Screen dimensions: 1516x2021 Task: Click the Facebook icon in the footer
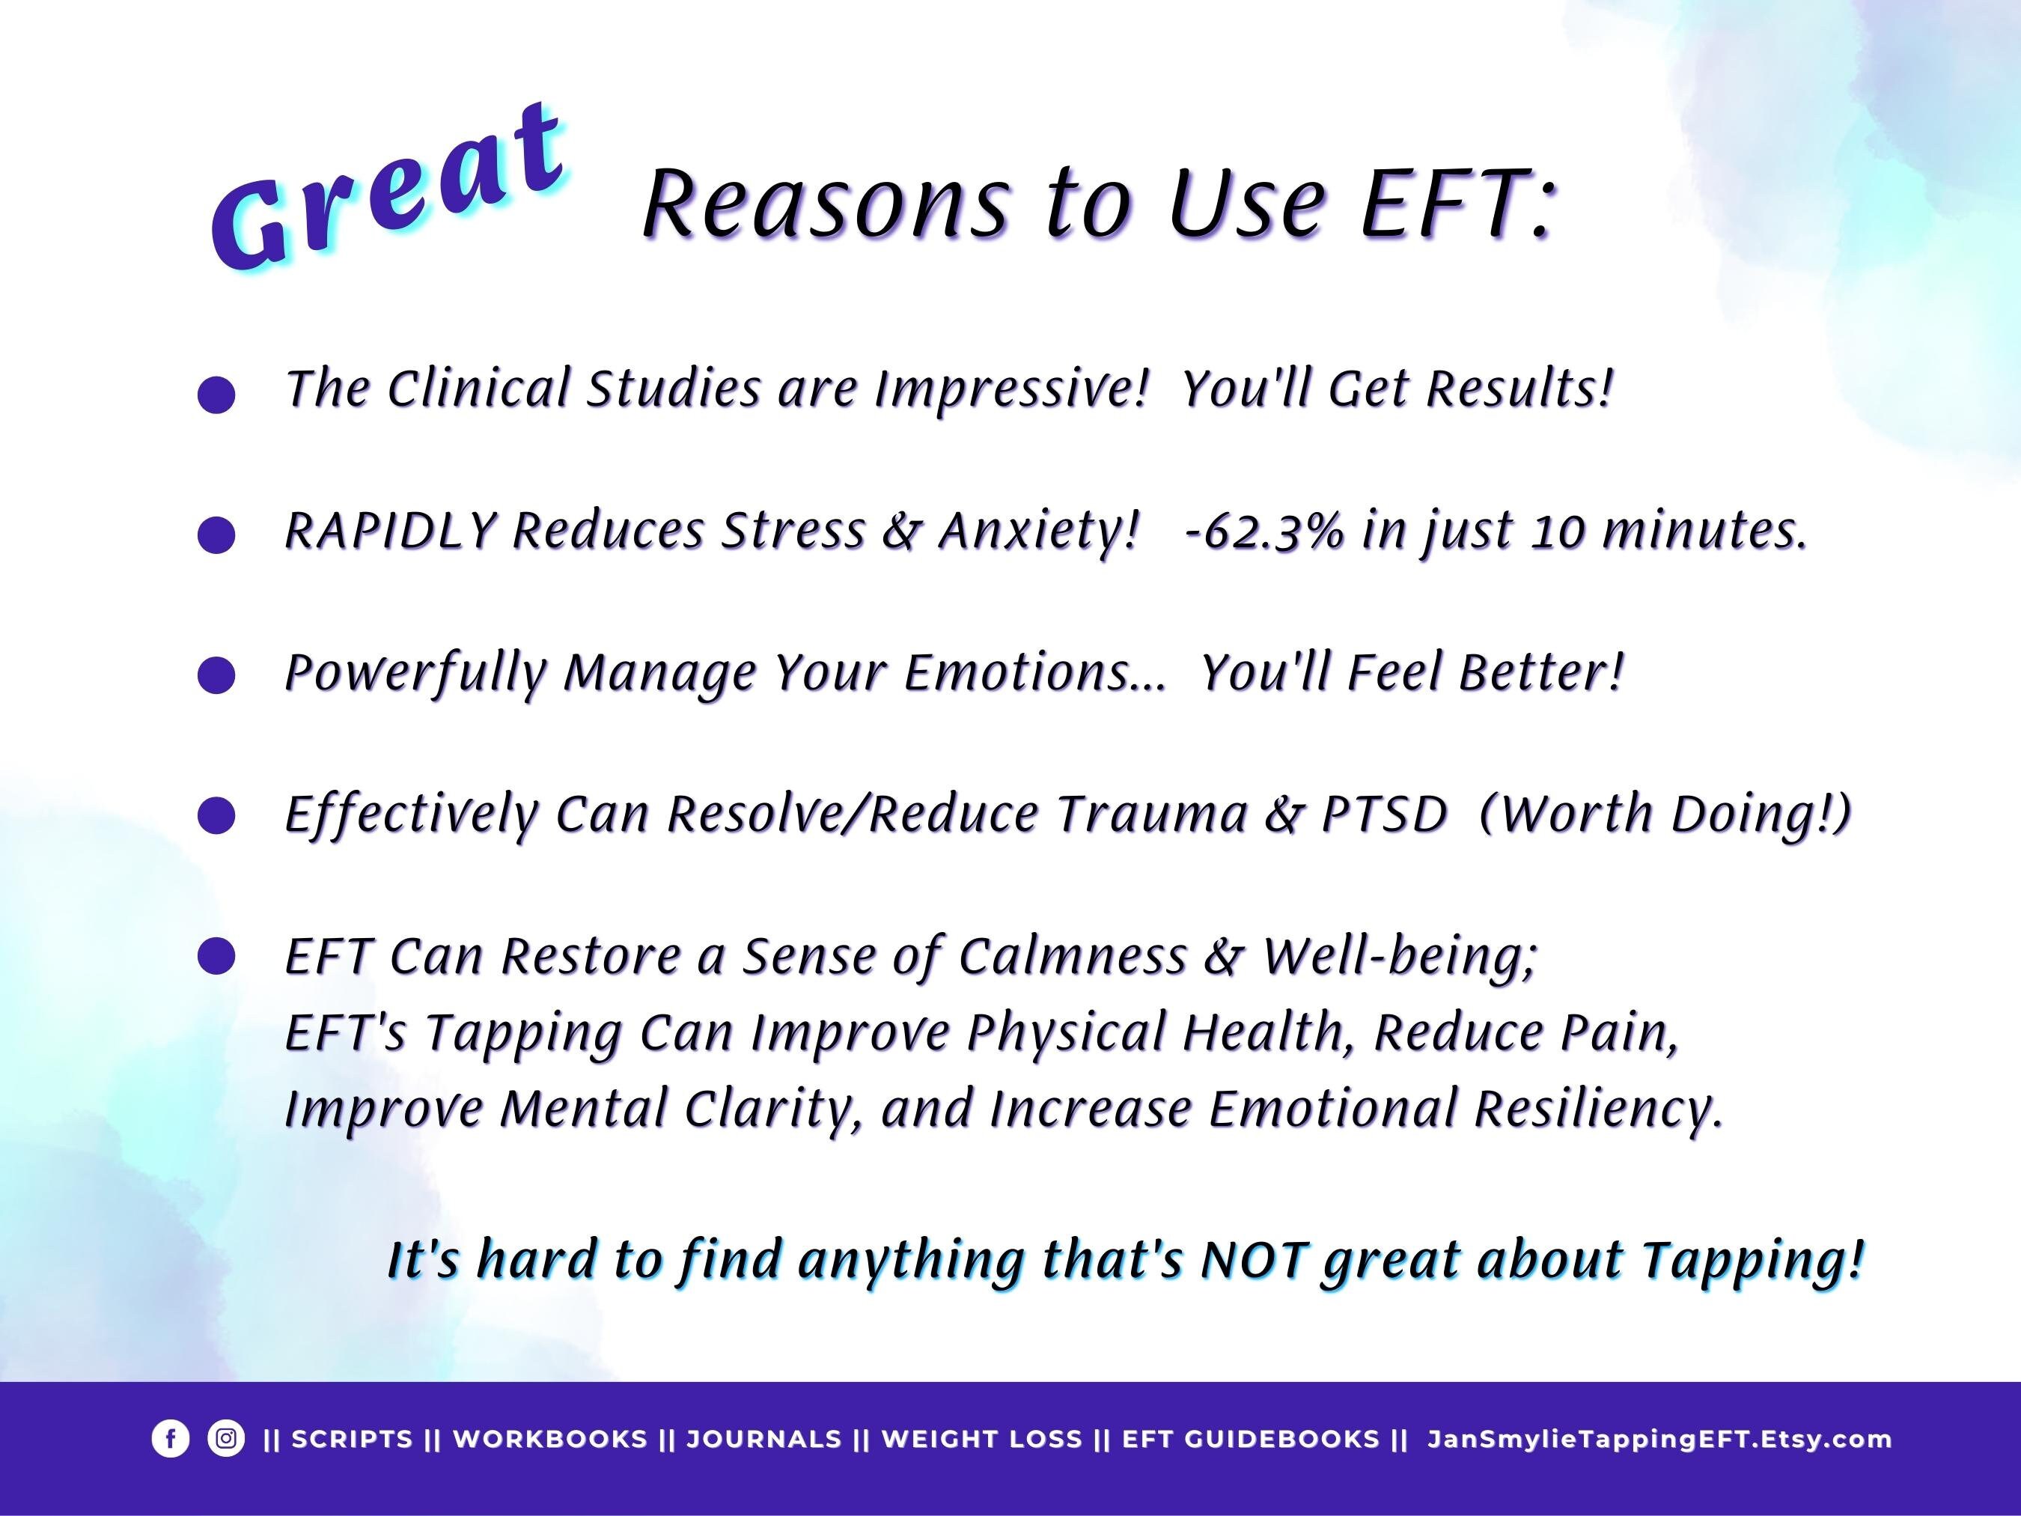(170, 1438)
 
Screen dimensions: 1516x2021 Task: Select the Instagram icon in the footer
(225, 1438)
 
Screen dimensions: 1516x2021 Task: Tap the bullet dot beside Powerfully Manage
(216, 675)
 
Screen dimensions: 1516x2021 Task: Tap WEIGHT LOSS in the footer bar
(981, 1439)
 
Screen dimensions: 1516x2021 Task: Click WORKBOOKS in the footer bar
(550, 1439)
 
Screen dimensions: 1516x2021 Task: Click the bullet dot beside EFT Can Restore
(216, 957)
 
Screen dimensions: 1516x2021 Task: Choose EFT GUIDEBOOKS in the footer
(1251, 1439)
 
